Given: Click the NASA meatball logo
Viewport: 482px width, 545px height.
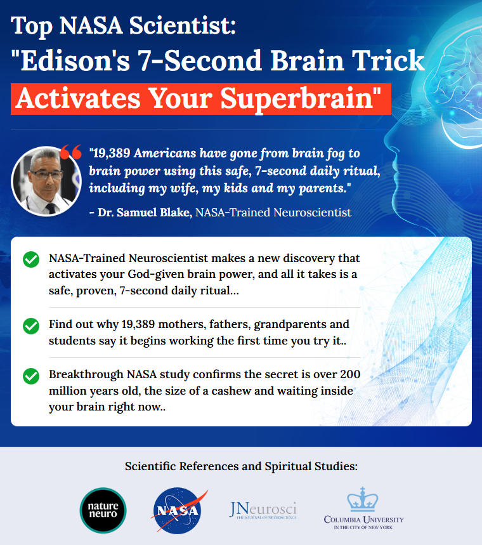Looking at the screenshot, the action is [178, 510].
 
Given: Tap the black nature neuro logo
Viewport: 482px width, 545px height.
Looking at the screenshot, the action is [103, 510].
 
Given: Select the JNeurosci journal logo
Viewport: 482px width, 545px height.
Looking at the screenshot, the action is [263, 511].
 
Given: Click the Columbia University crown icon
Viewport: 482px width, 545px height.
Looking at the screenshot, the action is [363, 499].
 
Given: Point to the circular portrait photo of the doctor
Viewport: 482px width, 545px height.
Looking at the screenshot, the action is [46, 181].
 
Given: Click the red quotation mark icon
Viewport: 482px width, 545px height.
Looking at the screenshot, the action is [71, 152].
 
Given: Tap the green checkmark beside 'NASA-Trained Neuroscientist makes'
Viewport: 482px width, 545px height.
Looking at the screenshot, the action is [31, 259].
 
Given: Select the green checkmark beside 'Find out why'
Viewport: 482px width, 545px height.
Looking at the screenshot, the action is [31, 325].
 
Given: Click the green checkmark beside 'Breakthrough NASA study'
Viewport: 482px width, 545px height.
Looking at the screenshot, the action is [31, 376].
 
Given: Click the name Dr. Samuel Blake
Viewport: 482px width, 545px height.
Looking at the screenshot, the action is [145, 212].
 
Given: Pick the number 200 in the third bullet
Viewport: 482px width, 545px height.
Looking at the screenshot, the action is [350, 374].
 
